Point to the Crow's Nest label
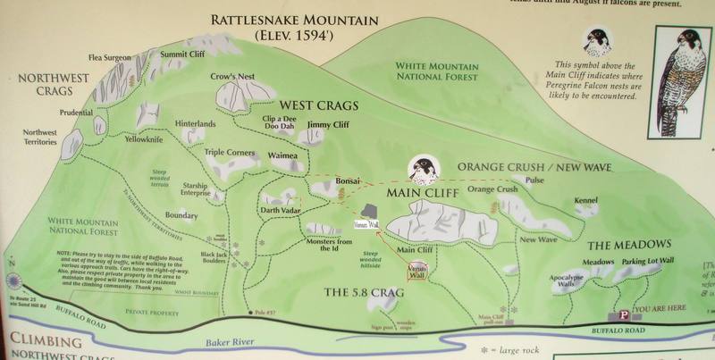[x=229, y=77]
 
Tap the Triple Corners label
[x=229, y=153]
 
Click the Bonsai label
[x=347, y=181]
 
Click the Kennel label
[x=586, y=200]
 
